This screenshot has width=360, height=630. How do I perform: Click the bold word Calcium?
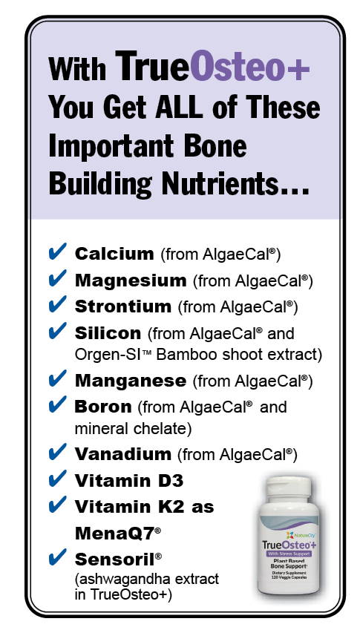click(x=114, y=254)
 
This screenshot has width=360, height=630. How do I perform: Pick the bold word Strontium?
click(x=123, y=307)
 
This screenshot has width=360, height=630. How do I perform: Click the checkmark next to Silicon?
click(x=57, y=331)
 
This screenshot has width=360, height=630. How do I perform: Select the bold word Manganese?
click(x=131, y=381)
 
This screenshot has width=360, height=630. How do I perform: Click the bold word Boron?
click(x=103, y=407)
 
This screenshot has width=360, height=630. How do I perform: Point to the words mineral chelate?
click(x=133, y=429)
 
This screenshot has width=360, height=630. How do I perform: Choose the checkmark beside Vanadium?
click(x=57, y=452)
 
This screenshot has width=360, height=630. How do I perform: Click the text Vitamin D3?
click(x=129, y=481)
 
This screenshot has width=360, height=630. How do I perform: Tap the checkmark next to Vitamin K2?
click(x=57, y=505)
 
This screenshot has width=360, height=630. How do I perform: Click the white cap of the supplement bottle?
click(x=289, y=487)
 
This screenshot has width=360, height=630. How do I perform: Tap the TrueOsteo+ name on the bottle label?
click(x=289, y=545)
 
